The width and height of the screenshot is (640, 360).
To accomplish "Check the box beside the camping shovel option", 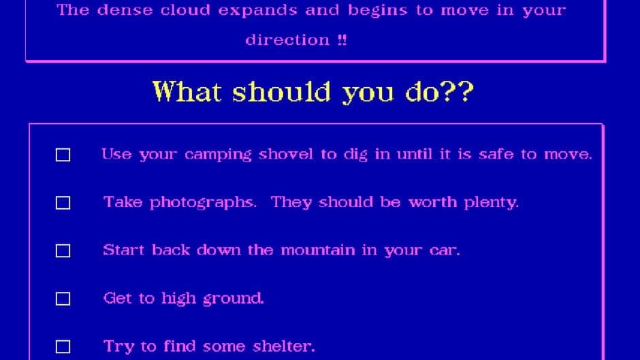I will point(63,155).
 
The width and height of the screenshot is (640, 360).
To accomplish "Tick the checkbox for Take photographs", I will point(63,203).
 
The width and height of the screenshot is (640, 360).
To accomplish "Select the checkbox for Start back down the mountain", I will point(63,250).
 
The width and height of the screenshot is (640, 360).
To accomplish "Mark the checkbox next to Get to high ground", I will point(63,299).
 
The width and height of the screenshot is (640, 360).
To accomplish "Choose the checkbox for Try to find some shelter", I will point(63,346).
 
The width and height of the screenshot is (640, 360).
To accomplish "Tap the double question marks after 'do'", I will point(458,91).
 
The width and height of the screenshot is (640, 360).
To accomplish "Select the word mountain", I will point(318,250).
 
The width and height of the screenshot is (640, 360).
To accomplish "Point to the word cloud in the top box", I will point(185,10).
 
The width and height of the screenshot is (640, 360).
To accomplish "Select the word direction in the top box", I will point(287,39).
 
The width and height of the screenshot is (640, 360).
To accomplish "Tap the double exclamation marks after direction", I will point(342,39).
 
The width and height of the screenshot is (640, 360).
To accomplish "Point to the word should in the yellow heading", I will point(282,91).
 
